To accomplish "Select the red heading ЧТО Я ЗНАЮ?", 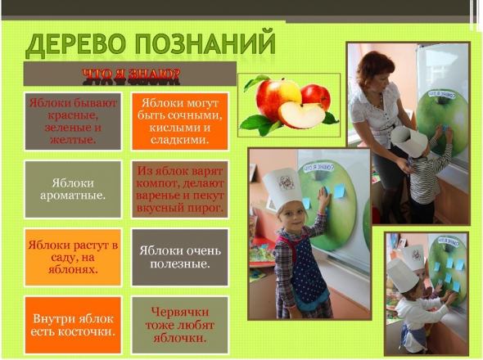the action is click(x=131, y=74).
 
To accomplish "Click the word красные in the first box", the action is click(x=73, y=115).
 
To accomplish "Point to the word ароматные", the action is click(x=73, y=196).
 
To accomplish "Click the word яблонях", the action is click(x=73, y=269).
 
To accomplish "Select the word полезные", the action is click(x=180, y=264).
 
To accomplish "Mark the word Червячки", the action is click(x=180, y=312).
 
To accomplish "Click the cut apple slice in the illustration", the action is click(x=301, y=115).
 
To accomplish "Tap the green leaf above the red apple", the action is click(x=256, y=82).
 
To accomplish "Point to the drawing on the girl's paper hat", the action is click(x=287, y=183).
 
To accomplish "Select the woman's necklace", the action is click(x=379, y=101).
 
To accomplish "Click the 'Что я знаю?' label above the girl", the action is click(x=318, y=168).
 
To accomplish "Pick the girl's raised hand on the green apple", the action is click(x=323, y=198).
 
